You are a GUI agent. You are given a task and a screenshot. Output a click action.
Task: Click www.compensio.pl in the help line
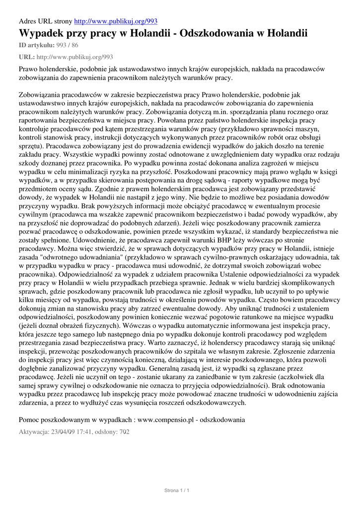pyautogui.click(x=166, y=420)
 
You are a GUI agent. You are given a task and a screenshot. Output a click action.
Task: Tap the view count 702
pyautogui.click(x=124, y=432)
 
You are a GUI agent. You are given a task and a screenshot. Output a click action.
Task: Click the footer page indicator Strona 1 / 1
pyautogui.click(x=177, y=491)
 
